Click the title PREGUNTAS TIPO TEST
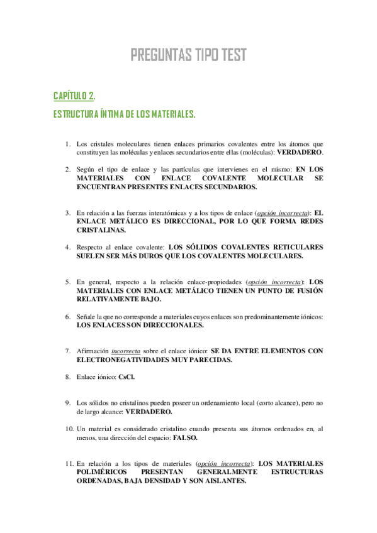point(188,56)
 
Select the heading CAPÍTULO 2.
point(74,96)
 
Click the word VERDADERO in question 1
point(300,153)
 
